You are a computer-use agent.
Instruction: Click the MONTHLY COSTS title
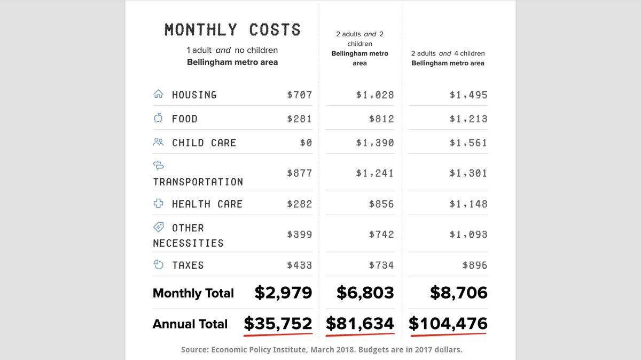point(232,29)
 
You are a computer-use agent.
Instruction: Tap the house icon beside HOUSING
point(158,95)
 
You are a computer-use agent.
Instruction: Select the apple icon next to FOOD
point(158,118)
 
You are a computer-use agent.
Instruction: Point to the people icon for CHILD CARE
point(158,142)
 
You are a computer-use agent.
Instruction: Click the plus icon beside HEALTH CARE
point(158,204)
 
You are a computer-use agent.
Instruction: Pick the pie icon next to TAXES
point(158,264)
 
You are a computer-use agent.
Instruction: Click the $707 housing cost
point(299,95)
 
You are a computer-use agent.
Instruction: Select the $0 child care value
point(306,143)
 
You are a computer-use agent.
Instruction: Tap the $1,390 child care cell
point(375,143)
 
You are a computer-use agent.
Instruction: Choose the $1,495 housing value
point(468,95)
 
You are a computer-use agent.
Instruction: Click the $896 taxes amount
point(475,265)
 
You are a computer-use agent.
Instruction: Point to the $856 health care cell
point(381,204)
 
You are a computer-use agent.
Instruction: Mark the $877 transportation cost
point(299,173)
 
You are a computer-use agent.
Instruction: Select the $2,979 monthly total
point(283,293)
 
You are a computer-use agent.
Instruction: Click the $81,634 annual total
point(360,324)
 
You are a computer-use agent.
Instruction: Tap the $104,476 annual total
point(448,324)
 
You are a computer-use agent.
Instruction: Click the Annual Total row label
point(190,324)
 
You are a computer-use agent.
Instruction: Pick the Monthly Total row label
point(193,293)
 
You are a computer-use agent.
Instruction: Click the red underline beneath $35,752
point(278,335)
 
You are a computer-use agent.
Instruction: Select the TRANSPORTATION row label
point(198,182)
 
